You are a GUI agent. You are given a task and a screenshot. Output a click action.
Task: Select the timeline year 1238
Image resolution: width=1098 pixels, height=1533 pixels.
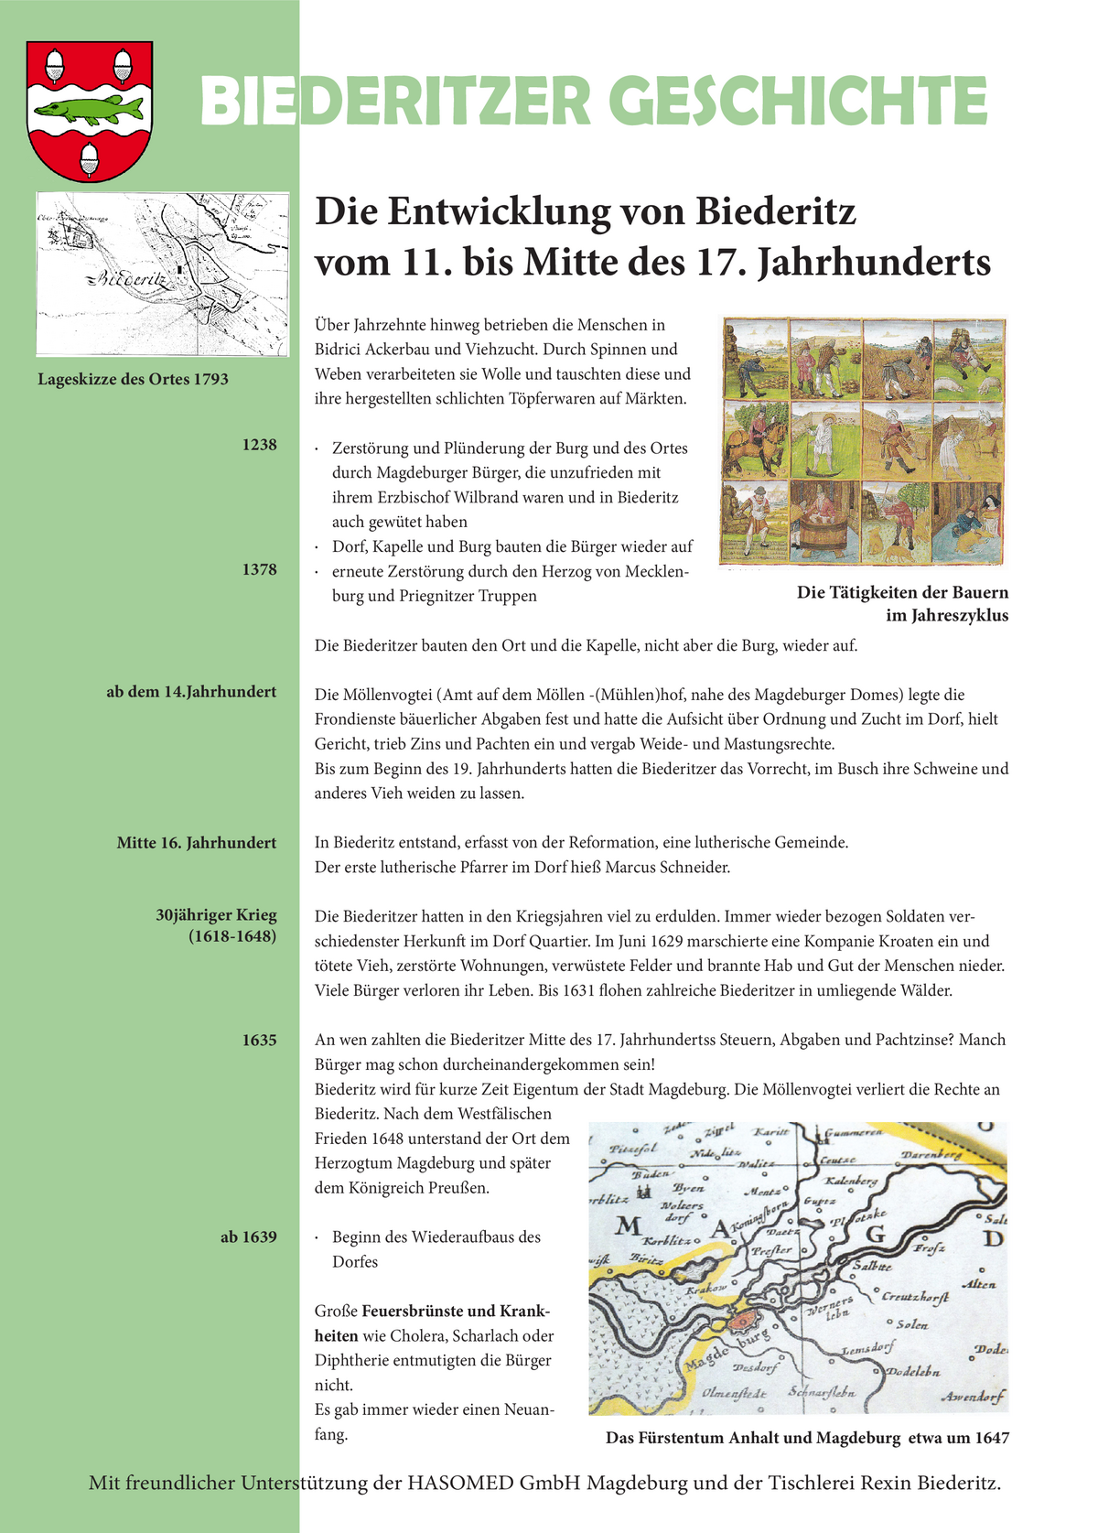tap(259, 445)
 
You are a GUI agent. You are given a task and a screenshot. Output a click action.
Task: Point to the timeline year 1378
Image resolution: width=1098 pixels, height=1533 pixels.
tap(259, 569)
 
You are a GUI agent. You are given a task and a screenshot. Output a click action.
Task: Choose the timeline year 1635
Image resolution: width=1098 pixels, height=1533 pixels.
tap(259, 1040)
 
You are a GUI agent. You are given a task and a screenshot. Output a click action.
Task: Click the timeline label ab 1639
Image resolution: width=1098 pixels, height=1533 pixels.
tap(248, 1236)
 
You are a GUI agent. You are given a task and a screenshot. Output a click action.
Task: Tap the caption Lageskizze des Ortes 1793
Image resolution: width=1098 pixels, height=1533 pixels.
tap(133, 379)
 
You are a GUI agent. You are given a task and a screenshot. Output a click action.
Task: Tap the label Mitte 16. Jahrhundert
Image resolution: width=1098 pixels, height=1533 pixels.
tap(196, 842)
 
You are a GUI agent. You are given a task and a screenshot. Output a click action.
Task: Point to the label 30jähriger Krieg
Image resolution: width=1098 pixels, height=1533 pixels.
tap(216, 915)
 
